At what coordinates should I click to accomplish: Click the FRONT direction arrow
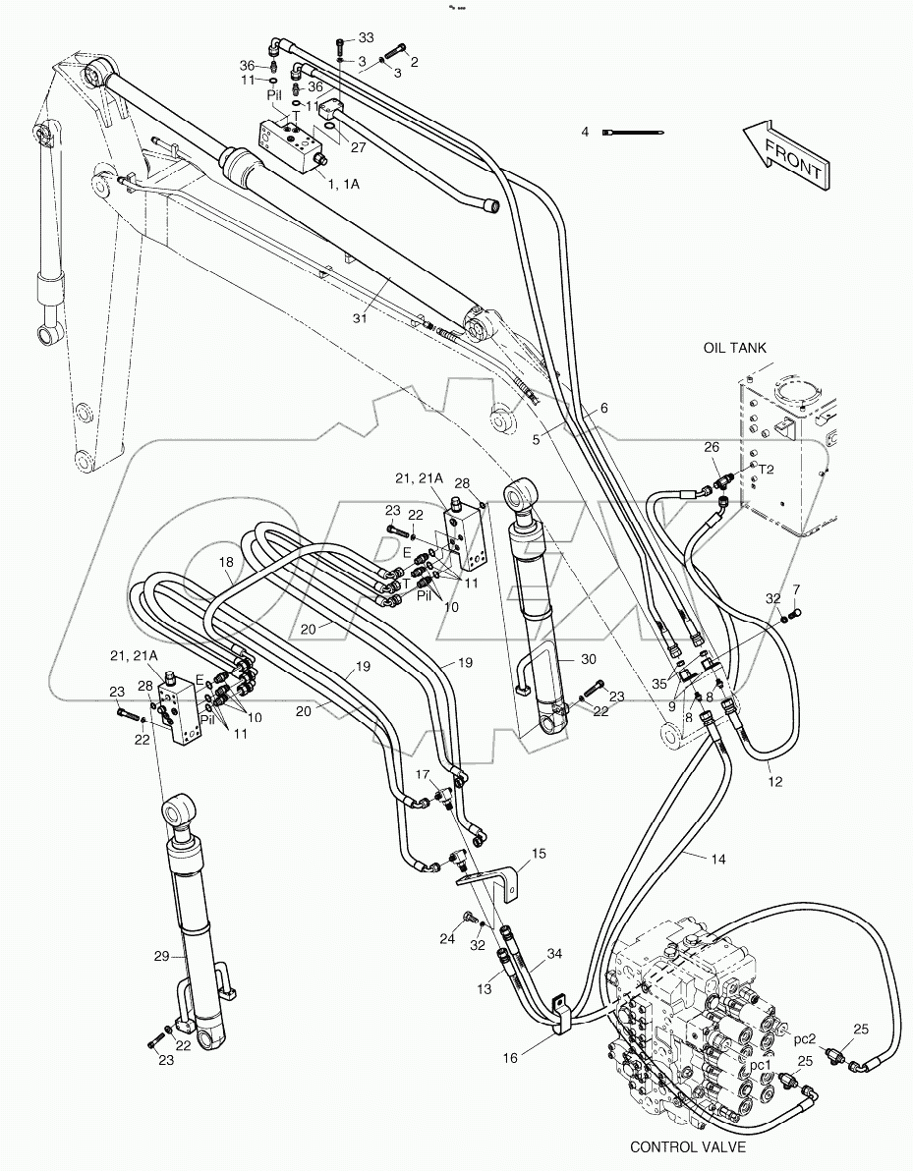782,155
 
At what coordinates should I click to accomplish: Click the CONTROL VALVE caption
688,1146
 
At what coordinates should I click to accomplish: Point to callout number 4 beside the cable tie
585,131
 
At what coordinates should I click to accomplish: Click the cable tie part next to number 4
636,132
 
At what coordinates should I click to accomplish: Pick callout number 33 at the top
366,37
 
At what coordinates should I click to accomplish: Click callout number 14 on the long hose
718,859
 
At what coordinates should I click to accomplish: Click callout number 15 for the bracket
539,854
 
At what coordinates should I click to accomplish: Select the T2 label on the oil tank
765,471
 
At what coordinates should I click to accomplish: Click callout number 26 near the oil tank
712,448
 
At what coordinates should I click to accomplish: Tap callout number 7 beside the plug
796,588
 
